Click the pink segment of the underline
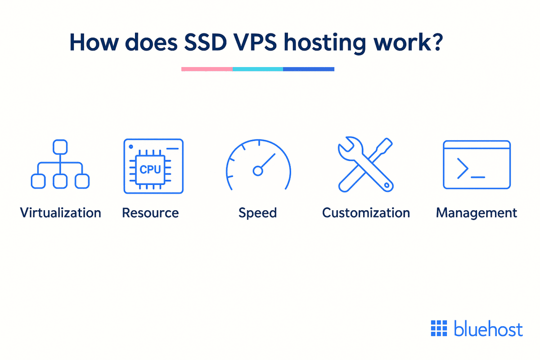207,69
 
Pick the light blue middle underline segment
258,69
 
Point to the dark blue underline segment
309,69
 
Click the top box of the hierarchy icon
60,147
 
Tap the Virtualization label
60,212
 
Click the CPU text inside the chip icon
150,170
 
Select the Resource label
150,212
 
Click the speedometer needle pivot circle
258,171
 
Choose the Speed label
257,213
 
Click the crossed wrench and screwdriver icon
365,166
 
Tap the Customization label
366,212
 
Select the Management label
477,212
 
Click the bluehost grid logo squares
439,328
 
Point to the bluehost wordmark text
488,329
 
